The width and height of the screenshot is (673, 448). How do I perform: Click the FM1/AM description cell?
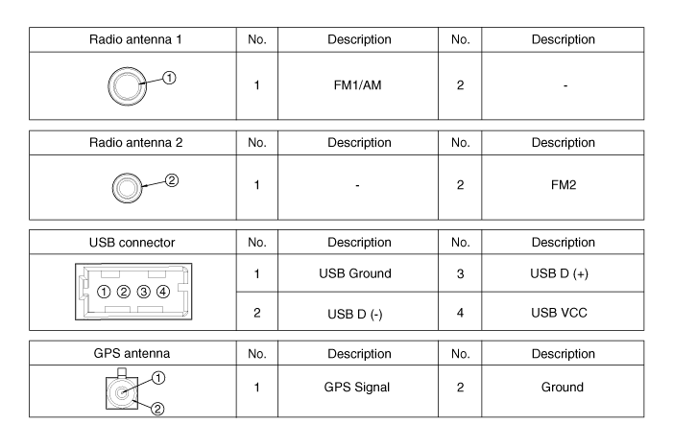[357, 85]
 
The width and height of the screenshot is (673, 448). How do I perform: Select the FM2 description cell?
[564, 185]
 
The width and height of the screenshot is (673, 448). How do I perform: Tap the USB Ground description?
[355, 273]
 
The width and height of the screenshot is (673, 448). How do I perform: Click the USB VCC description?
[559, 313]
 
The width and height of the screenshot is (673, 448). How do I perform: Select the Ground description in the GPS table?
[563, 388]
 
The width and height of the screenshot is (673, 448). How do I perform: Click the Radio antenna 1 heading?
[135, 39]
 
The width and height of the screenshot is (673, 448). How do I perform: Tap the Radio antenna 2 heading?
[135, 142]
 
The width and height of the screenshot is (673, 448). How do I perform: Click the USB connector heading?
[132, 243]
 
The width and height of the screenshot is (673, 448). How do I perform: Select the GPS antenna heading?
[132, 353]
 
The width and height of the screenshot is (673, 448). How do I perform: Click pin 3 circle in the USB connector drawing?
[143, 292]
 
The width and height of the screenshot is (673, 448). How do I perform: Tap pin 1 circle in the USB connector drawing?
[104, 292]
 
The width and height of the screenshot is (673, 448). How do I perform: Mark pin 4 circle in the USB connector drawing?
[163, 292]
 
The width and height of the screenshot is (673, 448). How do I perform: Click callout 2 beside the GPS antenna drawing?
[157, 409]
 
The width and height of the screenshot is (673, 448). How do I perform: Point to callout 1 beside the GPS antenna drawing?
[158, 378]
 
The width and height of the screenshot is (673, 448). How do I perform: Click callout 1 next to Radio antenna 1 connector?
[170, 78]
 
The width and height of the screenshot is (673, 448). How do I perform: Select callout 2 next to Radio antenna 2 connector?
[172, 180]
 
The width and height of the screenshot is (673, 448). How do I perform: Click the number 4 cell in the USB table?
[460, 313]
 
